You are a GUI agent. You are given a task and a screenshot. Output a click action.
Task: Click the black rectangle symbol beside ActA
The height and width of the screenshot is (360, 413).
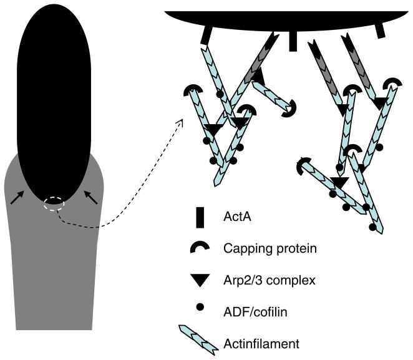click(201, 218)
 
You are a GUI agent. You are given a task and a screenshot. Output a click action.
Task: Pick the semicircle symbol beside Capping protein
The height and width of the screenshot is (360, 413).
click(200, 248)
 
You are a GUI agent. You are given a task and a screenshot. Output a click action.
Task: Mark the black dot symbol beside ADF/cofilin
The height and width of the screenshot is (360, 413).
click(200, 308)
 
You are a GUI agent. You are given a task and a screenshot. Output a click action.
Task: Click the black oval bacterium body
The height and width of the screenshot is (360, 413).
click(56, 94)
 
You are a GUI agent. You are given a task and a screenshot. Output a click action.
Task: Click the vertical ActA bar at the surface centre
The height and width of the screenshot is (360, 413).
click(293, 41)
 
